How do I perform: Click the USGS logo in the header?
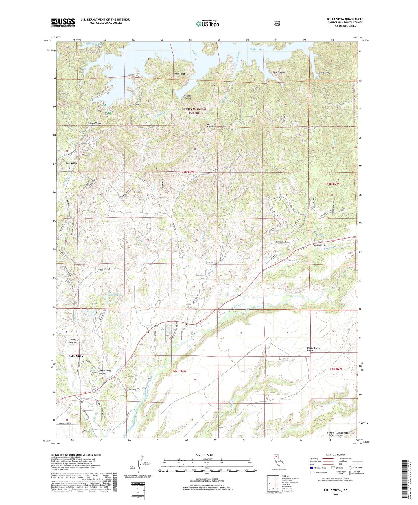click(63, 22)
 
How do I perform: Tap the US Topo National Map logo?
click(207, 24)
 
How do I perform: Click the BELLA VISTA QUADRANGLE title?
click(345, 19)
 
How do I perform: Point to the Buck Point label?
click(179, 74)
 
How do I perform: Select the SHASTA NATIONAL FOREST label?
click(194, 111)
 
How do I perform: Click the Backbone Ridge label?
click(212, 126)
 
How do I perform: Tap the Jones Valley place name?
click(95, 123)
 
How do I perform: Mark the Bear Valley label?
click(71, 163)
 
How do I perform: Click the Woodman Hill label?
click(319, 245)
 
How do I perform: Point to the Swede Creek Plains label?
click(313, 349)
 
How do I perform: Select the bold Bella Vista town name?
click(76, 356)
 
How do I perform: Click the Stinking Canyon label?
click(72, 341)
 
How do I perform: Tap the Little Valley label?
click(105, 371)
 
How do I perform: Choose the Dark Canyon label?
click(324, 73)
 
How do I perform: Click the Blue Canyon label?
click(279, 72)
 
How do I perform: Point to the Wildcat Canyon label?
click(187, 97)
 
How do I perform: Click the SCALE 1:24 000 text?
click(205, 455)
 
